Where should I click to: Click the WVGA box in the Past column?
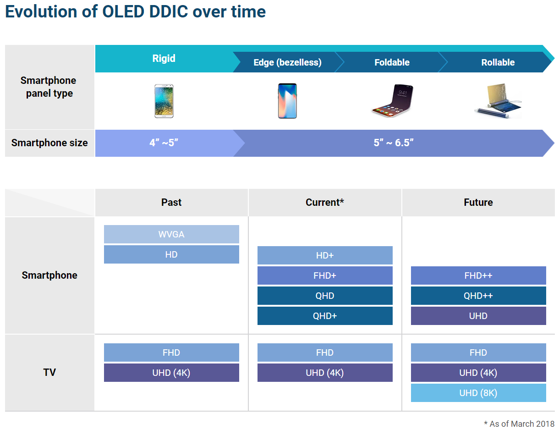coord(171,234)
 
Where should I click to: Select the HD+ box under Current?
coord(325,255)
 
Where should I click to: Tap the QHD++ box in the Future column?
coord(478,296)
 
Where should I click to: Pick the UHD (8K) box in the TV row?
coord(478,393)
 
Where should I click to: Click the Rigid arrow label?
coord(164,59)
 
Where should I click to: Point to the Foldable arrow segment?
coord(392,62)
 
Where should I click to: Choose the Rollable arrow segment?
coord(498,62)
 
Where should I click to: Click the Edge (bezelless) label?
coord(287,62)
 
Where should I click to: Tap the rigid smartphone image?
coord(164,101)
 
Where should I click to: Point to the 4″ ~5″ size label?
coord(164,143)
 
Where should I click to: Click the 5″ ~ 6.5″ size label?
coord(393,143)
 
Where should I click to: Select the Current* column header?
coord(325,203)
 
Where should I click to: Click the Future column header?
coord(478,203)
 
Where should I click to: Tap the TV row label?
coord(49,372)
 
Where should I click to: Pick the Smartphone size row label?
coord(49,143)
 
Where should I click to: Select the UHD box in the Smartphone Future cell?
coord(478,316)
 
